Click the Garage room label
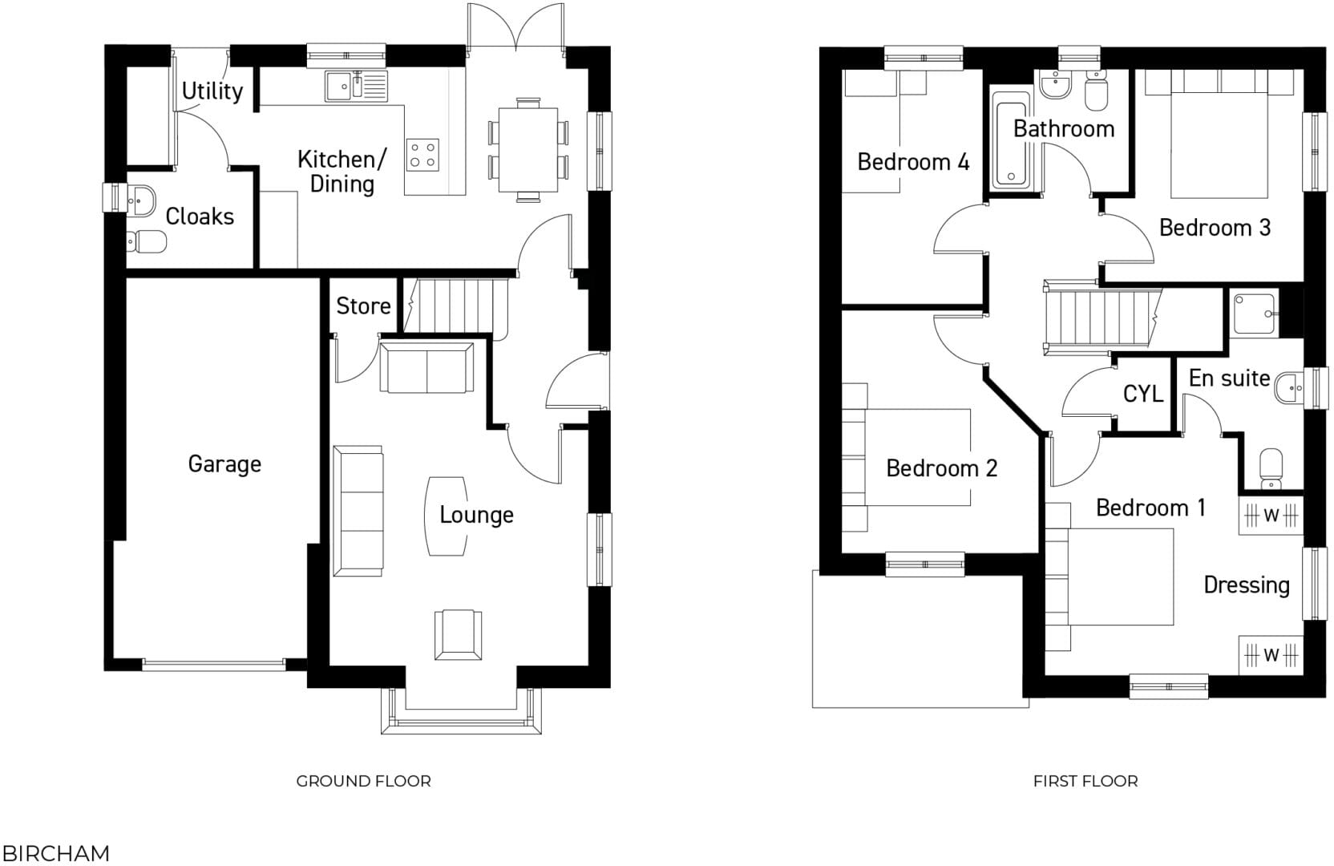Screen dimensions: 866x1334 coord(224,463)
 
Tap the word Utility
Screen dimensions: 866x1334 coord(212,91)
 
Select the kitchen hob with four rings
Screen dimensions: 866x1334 coord(422,154)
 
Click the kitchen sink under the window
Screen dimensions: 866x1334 coord(356,86)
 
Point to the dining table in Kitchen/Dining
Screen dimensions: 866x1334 coord(528,151)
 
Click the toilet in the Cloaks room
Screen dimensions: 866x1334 coord(146,240)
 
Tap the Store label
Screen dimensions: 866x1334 coord(363,306)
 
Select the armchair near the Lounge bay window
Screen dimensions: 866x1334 coord(459,634)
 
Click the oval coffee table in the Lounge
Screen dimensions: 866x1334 coord(446,516)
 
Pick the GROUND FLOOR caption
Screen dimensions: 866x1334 coord(363,781)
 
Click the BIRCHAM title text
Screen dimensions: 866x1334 coord(56,853)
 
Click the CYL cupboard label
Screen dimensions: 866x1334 coord(1142,394)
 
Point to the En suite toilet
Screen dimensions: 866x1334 coord(1271,468)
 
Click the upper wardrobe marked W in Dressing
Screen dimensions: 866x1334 coord(1271,516)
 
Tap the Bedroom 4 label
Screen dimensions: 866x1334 coord(913,162)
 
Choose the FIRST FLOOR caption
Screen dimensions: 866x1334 coord(1085,781)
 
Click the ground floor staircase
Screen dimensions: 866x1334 coord(455,306)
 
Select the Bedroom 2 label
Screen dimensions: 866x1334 coord(941,468)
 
